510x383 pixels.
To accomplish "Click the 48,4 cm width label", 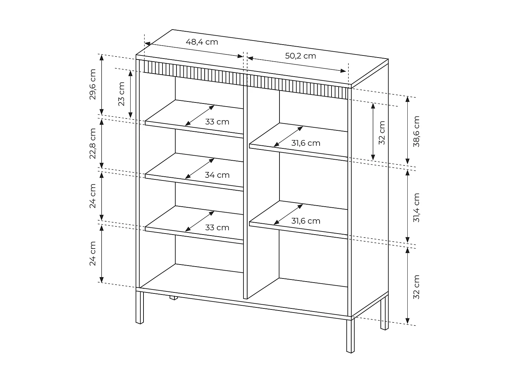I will click(202, 42).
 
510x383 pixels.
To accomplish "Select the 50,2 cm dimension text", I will click(300, 56).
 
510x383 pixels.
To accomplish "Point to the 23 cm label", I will click(121, 94).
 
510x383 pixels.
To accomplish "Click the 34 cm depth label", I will click(217, 175).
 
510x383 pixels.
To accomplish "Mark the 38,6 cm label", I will click(417, 131).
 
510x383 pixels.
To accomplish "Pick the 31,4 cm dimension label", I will click(417, 208).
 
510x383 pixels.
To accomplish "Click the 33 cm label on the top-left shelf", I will click(217, 122).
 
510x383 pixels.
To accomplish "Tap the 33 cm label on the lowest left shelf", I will click(217, 227).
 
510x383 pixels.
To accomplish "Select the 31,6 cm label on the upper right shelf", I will click(306, 143).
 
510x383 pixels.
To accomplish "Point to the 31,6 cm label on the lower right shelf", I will click(306, 221).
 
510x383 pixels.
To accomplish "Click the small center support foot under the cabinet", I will click(174, 298).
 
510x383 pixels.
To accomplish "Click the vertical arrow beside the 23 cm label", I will click(130, 94).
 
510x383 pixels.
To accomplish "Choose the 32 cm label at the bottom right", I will click(417, 287).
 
